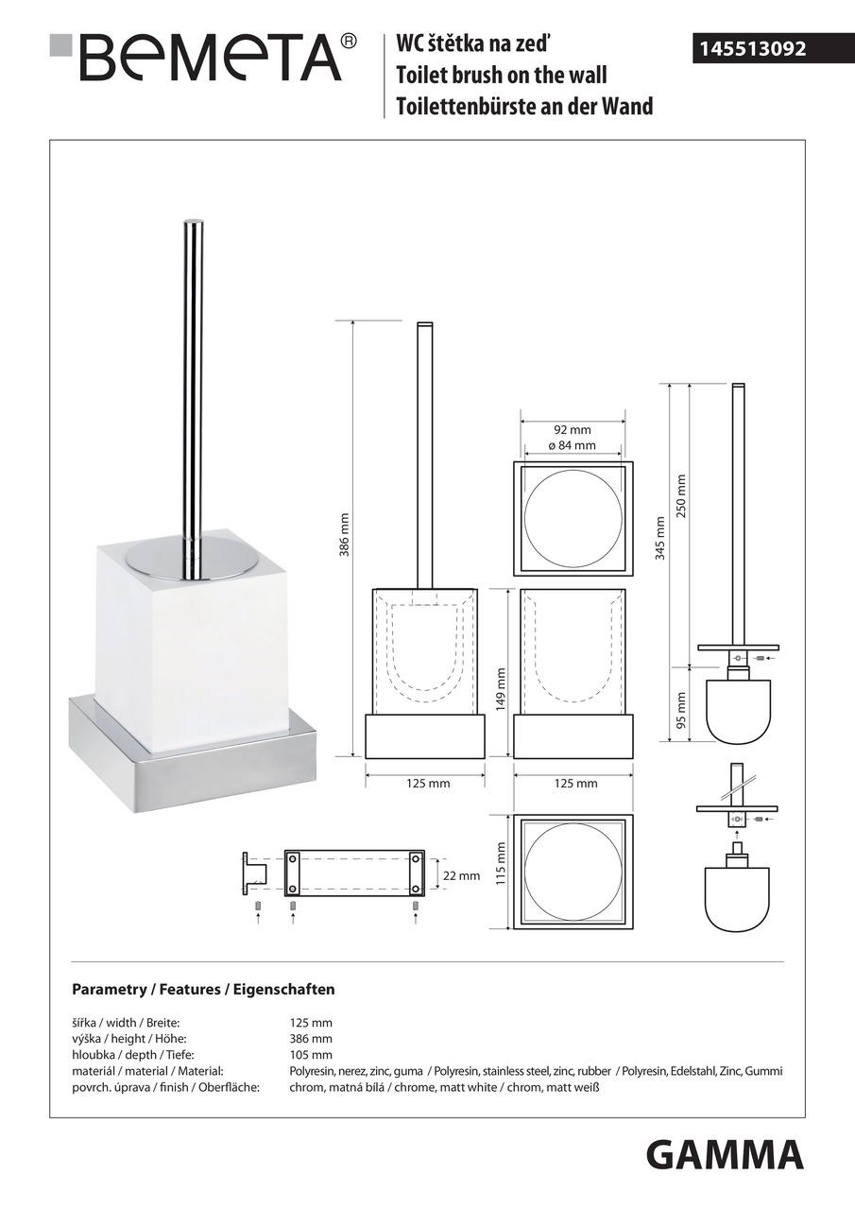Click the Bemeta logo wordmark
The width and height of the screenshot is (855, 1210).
[212, 58]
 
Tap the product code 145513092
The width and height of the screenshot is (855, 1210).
[752, 49]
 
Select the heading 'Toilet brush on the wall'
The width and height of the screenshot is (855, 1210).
[502, 75]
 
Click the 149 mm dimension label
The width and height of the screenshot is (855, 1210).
[501, 690]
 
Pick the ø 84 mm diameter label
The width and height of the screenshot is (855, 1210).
[572, 445]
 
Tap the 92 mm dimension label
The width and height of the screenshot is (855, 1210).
[573, 430]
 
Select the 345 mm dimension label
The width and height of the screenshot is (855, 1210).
[659, 538]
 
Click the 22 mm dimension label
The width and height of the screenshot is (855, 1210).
[461, 875]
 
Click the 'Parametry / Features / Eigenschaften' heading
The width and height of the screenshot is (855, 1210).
[203, 989]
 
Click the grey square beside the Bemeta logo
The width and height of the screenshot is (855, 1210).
[60, 44]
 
